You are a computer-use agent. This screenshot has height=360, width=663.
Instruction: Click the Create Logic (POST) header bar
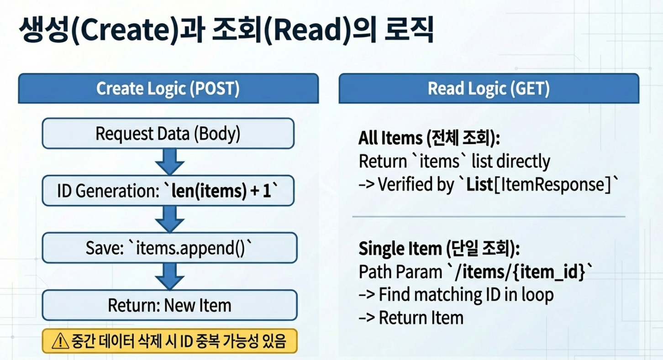(168, 88)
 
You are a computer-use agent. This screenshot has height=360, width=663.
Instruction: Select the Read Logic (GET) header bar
(489, 88)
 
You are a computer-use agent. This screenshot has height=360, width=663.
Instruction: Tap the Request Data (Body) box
(168, 133)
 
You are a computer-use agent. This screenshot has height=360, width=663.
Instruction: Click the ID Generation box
(168, 191)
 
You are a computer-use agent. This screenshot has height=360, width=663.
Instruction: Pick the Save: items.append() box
(169, 248)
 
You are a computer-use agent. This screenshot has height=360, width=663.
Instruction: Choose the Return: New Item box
(169, 305)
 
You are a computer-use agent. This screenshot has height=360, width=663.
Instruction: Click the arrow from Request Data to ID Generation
(169, 162)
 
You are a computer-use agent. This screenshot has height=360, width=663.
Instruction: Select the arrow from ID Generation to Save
(169, 219)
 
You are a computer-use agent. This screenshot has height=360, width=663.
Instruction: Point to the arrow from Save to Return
(169, 277)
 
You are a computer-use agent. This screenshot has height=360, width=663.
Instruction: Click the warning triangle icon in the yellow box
(60, 341)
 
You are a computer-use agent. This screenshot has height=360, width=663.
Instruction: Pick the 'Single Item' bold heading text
(400, 248)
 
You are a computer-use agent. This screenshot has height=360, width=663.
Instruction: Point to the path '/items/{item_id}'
(521, 272)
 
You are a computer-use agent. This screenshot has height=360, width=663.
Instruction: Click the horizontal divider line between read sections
(489, 217)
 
